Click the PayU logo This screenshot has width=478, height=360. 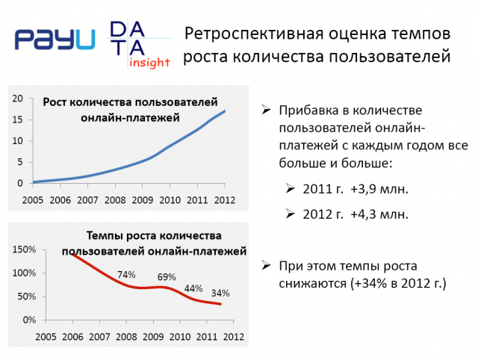(55, 39)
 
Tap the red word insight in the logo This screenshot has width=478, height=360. (149, 63)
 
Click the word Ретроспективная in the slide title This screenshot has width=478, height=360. (254, 34)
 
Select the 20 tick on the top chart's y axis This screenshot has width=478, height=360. (18, 98)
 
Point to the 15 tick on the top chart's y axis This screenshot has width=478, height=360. (18, 120)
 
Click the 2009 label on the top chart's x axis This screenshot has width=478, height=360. (143, 200)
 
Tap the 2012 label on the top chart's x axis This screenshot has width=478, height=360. (225, 200)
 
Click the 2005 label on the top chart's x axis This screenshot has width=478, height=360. (33, 200)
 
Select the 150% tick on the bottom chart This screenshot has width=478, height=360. (24, 249)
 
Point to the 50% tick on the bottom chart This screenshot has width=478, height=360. (27, 297)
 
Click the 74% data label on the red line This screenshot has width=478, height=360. (126, 275)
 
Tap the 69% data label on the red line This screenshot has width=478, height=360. (167, 277)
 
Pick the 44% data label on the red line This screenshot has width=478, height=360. (193, 288)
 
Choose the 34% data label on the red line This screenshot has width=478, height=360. (220, 294)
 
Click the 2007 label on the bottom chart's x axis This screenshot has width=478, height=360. (99, 337)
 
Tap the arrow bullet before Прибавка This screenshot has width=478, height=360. (266, 110)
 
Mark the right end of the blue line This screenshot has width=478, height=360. (225, 111)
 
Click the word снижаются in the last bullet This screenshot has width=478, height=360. (312, 284)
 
